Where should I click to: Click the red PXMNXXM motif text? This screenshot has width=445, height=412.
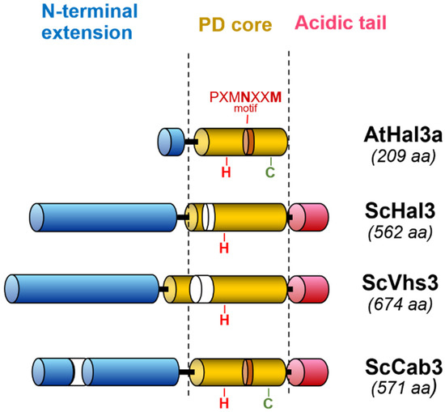pos(248,96)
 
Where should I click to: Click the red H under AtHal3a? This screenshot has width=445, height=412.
pos(227,171)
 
